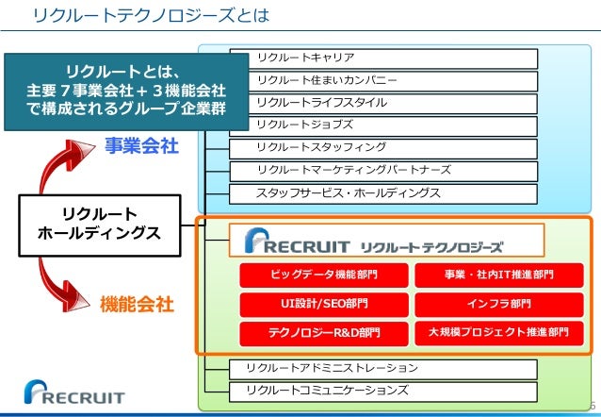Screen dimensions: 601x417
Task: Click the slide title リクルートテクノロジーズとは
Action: point(151,16)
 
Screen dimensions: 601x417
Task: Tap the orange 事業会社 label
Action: point(140,147)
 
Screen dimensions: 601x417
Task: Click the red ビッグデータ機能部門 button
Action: point(324,275)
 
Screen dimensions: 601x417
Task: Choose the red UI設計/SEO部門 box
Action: point(324,304)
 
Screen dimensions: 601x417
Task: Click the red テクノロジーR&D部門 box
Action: point(324,333)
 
